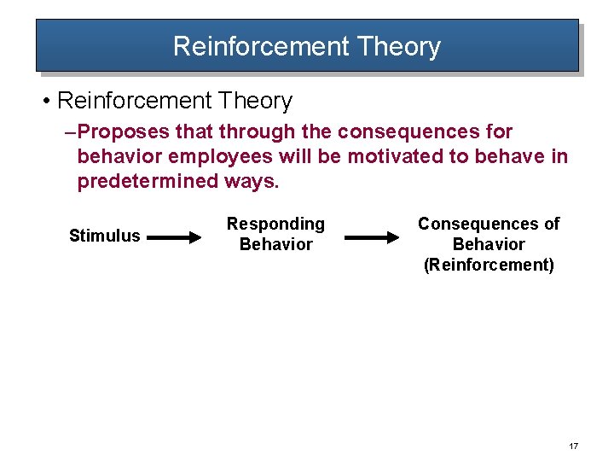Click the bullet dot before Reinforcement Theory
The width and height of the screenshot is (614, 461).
(x=45, y=102)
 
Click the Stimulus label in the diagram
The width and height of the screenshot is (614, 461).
(x=104, y=236)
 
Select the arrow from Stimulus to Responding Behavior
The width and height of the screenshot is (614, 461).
(x=177, y=238)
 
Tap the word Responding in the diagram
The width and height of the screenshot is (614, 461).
(x=275, y=224)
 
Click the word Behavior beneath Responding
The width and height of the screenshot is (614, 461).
(x=275, y=244)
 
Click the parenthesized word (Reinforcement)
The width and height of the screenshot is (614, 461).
(x=489, y=265)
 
